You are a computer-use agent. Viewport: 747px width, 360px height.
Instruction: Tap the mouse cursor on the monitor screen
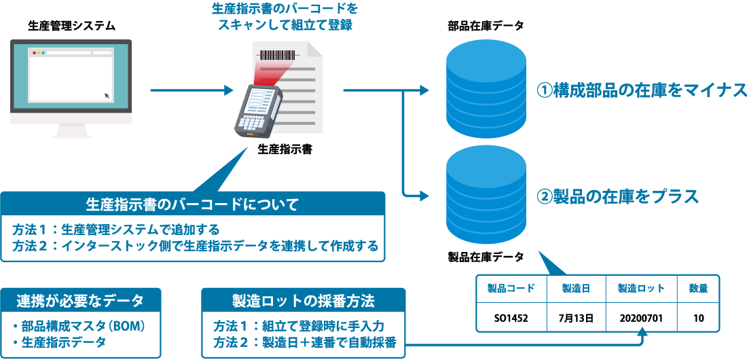(x=107, y=95)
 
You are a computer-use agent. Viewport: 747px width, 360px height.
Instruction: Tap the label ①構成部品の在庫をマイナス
(x=642, y=90)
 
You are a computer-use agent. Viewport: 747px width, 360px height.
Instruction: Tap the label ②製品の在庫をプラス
(x=617, y=197)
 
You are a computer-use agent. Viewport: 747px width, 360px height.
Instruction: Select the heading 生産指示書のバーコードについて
(x=193, y=203)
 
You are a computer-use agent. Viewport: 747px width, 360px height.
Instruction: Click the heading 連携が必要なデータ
(x=80, y=300)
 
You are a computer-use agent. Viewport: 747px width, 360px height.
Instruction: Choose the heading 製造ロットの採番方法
(x=304, y=300)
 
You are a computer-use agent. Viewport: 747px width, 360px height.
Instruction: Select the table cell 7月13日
(x=576, y=317)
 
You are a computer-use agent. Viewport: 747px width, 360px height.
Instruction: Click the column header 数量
(x=699, y=289)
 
